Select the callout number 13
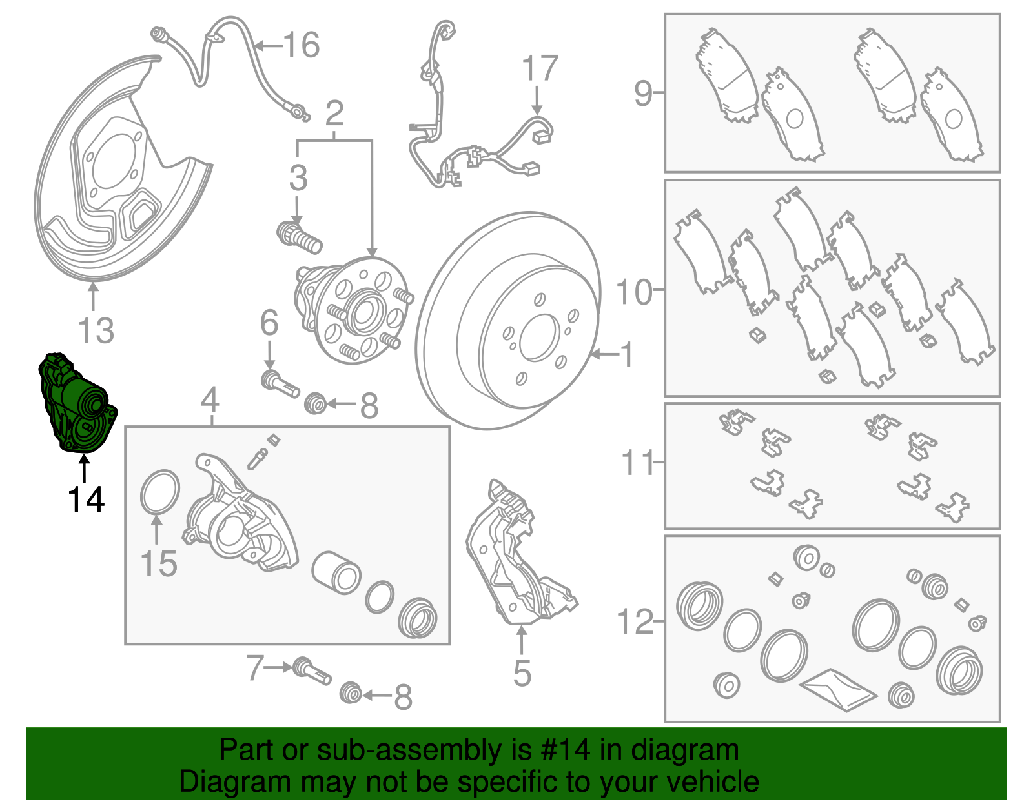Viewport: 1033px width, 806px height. pyautogui.click(x=96, y=330)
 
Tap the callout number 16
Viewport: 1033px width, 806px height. pyautogui.click(x=302, y=45)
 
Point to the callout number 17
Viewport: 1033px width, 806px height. pyautogui.click(x=540, y=68)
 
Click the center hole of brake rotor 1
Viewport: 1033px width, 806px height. pyautogui.click(x=540, y=338)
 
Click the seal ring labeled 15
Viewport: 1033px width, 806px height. pyautogui.click(x=160, y=492)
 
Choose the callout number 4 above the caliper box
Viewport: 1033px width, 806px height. pyautogui.click(x=210, y=400)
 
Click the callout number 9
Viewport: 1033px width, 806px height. pyautogui.click(x=643, y=94)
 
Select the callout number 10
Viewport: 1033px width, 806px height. pyautogui.click(x=634, y=292)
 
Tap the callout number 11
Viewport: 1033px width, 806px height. pyautogui.click(x=638, y=462)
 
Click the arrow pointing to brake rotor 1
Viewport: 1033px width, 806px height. pyautogui.click(x=605, y=354)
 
